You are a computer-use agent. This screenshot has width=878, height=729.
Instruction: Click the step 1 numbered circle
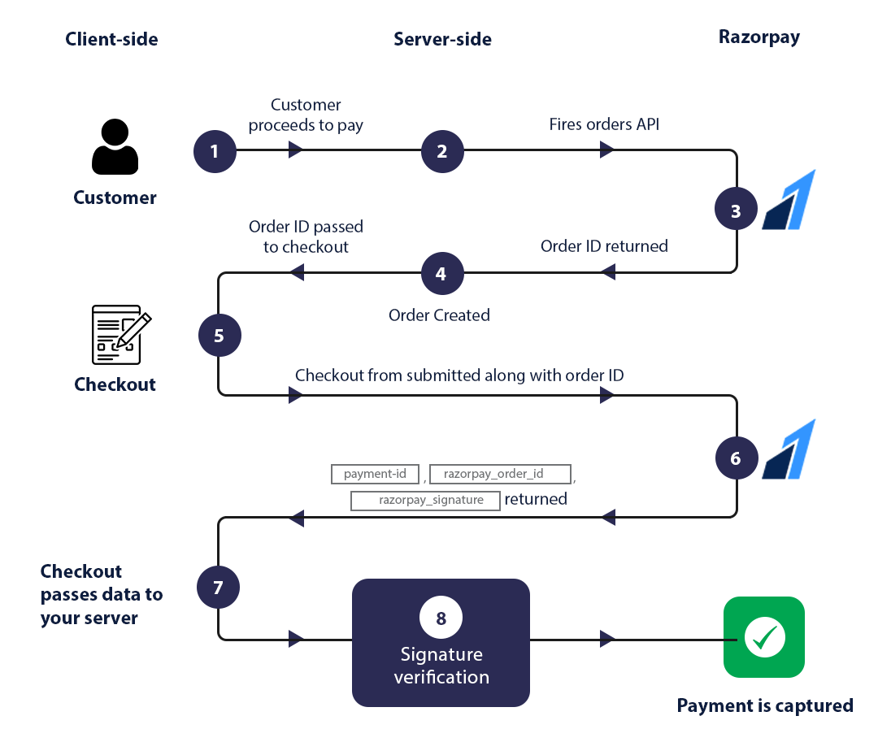215,151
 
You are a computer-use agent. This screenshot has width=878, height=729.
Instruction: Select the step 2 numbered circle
442,151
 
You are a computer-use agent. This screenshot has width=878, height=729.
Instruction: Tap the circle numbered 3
736,210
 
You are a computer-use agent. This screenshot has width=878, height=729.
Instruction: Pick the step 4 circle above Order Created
441,273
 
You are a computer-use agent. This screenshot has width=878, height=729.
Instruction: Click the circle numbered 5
219,335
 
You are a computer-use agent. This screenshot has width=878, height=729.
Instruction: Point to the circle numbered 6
736,458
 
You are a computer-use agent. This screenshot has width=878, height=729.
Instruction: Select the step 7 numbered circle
218,586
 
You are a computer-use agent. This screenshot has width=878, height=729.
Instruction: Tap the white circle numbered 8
441,618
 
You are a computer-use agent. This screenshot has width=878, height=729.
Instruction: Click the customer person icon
115,147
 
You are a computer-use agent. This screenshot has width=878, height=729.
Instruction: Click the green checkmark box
764,637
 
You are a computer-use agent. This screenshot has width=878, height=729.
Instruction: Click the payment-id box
375,474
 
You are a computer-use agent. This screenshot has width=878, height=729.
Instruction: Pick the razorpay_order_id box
500,474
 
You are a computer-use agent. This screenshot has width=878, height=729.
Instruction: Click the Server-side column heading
442,39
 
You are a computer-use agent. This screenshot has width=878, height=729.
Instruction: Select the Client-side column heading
112,39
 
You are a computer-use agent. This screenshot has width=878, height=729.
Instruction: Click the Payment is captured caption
765,705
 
